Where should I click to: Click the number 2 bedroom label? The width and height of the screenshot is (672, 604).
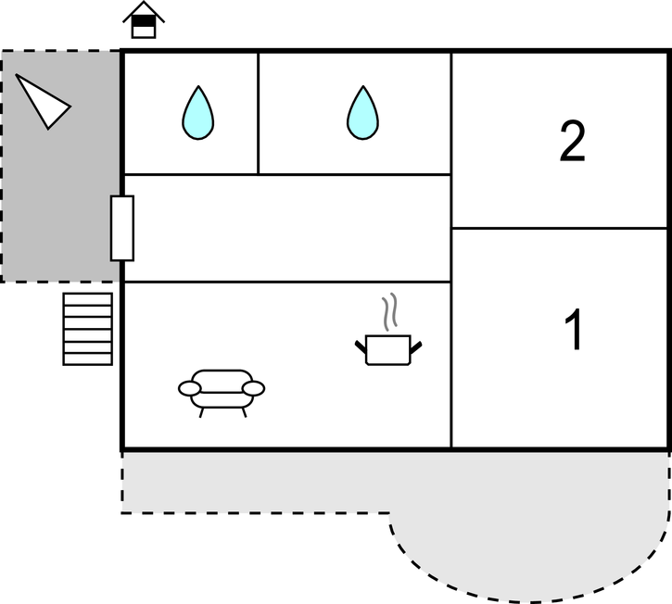click(x=573, y=141)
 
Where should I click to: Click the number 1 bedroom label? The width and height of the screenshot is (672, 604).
click(x=574, y=329)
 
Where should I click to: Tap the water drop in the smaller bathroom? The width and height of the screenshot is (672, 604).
click(x=198, y=113)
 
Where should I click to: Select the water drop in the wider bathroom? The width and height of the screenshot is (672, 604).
click(x=362, y=113)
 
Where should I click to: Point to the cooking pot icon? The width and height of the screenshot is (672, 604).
click(x=388, y=350)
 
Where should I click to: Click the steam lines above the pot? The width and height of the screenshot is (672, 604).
click(x=389, y=311)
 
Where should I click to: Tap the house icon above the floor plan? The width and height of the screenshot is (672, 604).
click(x=144, y=19)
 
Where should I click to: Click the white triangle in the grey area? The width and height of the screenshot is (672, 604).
click(x=43, y=102)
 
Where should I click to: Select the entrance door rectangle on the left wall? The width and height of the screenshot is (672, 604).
click(x=122, y=228)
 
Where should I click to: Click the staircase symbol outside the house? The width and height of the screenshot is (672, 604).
click(x=88, y=329)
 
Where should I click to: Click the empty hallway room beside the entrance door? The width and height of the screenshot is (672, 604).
click(x=287, y=228)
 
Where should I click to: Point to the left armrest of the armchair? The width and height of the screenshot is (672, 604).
click(x=189, y=389)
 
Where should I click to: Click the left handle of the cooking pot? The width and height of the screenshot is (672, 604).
click(x=361, y=347)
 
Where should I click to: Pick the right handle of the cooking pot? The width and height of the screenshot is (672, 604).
click(x=416, y=347)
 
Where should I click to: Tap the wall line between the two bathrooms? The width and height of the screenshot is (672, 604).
click(x=258, y=114)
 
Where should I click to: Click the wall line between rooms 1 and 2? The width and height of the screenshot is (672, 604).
click(x=559, y=228)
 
